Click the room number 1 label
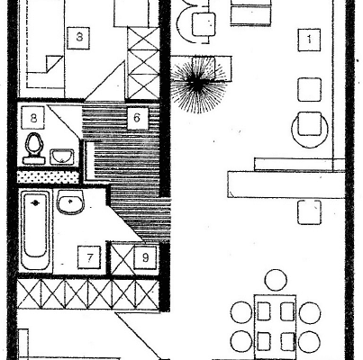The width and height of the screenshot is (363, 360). coord(309,40)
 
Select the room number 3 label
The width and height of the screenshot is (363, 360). coord(78,38)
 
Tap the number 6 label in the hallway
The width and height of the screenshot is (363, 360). coord(137,118)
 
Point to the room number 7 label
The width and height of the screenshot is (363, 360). coord(89,257)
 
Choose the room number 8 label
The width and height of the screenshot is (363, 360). coord(33,118)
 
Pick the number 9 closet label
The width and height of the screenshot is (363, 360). coord(145,257)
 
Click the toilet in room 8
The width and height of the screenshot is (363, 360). coord(34,148)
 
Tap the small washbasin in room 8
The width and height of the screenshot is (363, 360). coord(62,157)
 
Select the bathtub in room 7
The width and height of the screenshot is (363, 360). coord(35,230)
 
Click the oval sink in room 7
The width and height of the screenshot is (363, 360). coord(70,202)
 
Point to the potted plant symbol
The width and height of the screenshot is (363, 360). coord(198,83)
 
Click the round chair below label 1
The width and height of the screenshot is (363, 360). coord(310,129)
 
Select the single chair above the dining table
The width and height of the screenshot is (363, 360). coord(276,280)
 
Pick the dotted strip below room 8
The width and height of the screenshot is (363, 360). coord(48,177)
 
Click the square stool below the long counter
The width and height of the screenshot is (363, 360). coord(310,212)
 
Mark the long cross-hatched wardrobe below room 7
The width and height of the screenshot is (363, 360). coord(88,294)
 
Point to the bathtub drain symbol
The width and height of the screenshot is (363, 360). coord(35,203)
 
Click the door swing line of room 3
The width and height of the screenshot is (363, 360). coord(104,80)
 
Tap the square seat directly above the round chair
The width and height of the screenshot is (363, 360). coord(310,90)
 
